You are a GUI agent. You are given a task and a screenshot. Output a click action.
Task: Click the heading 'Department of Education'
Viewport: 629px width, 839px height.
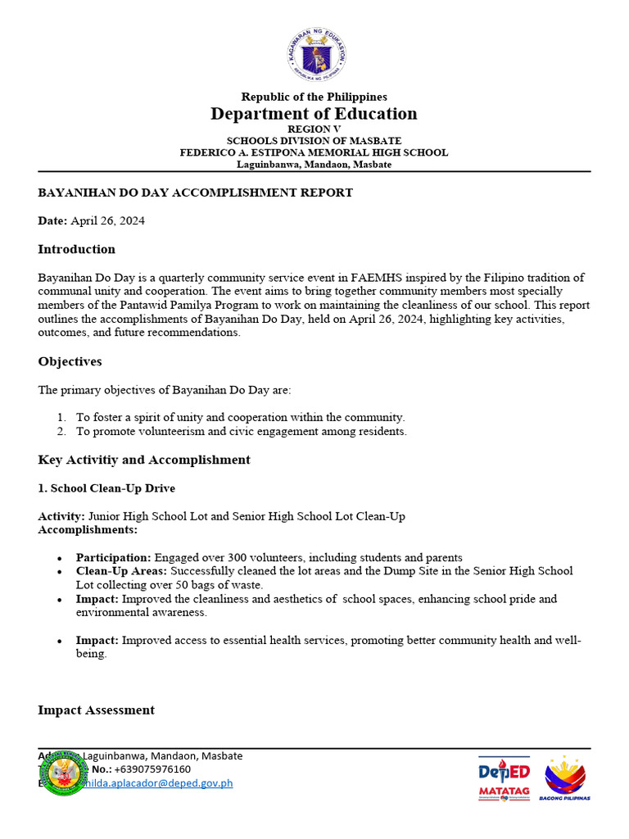click(314, 114)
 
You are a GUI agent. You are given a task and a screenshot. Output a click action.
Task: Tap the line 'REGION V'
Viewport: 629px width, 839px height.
click(314, 129)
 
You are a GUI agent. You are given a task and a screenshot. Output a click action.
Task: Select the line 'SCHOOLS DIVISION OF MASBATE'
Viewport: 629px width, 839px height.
click(314, 141)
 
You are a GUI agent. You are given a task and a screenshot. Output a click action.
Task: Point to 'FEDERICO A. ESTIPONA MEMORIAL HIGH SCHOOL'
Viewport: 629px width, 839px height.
click(314, 152)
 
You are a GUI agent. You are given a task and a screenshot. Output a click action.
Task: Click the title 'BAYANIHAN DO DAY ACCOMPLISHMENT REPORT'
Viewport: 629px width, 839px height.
click(196, 193)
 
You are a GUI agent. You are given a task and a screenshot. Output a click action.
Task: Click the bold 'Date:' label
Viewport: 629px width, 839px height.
click(52, 221)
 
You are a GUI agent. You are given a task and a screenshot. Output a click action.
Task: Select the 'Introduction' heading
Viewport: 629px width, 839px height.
click(77, 249)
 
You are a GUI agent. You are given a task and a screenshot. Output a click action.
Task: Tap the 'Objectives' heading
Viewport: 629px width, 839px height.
click(70, 361)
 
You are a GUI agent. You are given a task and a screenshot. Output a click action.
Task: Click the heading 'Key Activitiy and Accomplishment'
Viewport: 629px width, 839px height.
click(144, 460)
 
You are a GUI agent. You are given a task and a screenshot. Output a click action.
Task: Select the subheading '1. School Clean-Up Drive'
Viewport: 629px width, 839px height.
click(106, 488)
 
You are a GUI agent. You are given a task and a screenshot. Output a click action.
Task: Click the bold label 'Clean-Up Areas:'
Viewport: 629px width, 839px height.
click(121, 571)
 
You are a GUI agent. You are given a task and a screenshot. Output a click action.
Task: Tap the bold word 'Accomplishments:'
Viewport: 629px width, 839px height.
click(88, 530)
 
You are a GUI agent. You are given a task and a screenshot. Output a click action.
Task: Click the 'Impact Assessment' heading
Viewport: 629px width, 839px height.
click(96, 710)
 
